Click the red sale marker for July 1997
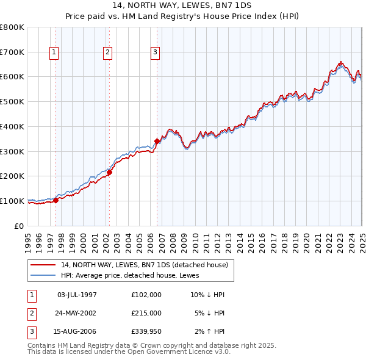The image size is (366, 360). click(56, 200)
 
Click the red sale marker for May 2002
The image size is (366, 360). click(110, 172)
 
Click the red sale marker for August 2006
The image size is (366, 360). click(157, 141)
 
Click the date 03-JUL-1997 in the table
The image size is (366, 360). click(77, 295)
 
